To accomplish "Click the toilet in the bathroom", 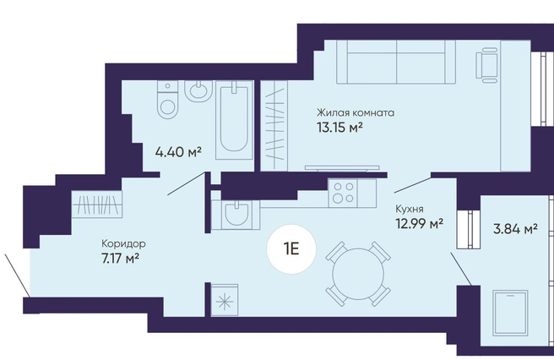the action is (x=166, y=100).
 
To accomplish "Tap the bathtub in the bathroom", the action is (x=234, y=120).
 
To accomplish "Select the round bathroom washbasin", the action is (x=198, y=91).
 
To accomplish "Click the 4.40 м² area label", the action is (x=178, y=152).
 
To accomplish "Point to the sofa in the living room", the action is (x=396, y=62).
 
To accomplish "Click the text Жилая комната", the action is (x=355, y=112).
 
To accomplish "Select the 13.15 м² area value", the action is (x=340, y=128).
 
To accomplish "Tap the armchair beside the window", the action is (x=487, y=66).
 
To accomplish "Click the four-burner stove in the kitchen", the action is (x=343, y=193).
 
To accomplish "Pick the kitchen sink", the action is (x=236, y=215).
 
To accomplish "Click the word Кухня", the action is (x=409, y=209).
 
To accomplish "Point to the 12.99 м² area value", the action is (x=420, y=223).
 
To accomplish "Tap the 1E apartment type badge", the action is (x=291, y=249).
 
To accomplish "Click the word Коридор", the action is (x=123, y=244).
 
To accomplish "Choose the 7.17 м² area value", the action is (x=119, y=259).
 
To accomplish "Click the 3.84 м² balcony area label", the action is (x=515, y=229).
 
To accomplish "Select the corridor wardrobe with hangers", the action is (x=97, y=204).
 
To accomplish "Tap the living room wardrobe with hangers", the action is (x=274, y=126).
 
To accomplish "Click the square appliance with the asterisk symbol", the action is (x=225, y=300).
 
